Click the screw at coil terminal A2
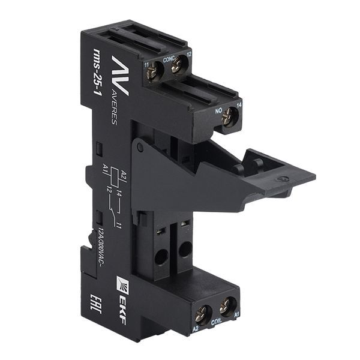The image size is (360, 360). tap(202, 312)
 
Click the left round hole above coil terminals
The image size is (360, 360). tap(161, 260)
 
